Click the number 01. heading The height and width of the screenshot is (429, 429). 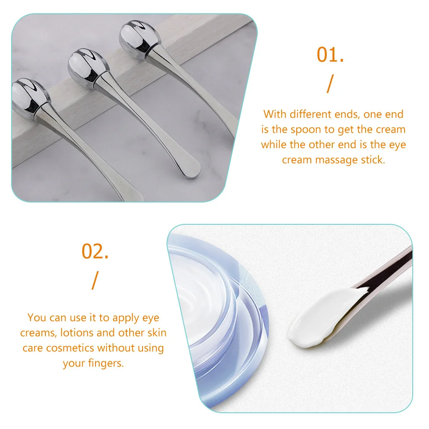330,55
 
